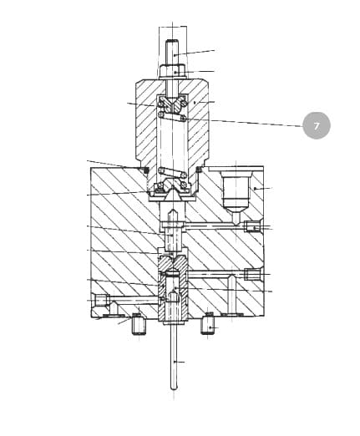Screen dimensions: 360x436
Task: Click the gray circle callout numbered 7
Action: click(x=317, y=125)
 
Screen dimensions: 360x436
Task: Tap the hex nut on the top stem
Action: click(x=172, y=71)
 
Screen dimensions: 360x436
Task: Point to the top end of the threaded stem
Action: click(x=172, y=41)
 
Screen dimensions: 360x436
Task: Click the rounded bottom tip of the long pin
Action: click(x=174, y=388)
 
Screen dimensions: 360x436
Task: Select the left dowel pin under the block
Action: click(x=138, y=324)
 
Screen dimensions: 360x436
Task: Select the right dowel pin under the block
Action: click(x=208, y=323)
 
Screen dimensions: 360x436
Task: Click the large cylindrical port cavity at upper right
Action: click(x=236, y=190)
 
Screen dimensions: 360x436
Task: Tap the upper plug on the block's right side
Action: click(x=252, y=226)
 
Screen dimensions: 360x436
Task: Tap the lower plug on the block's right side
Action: click(x=253, y=274)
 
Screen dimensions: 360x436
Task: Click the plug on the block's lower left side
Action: click(x=100, y=301)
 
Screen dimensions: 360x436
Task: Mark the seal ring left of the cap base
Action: click(x=145, y=170)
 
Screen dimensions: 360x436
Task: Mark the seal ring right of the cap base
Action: click(x=199, y=170)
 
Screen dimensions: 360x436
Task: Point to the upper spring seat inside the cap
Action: click(x=172, y=104)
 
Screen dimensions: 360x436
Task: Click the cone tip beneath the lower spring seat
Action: click(x=172, y=194)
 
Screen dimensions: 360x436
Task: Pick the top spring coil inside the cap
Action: click(x=172, y=117)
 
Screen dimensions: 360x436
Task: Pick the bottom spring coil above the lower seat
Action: click(x=173, y=173)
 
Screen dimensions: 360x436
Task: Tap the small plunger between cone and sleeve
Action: click(x=173, y=236)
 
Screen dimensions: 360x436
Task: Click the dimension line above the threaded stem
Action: click(x=173, y=27)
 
